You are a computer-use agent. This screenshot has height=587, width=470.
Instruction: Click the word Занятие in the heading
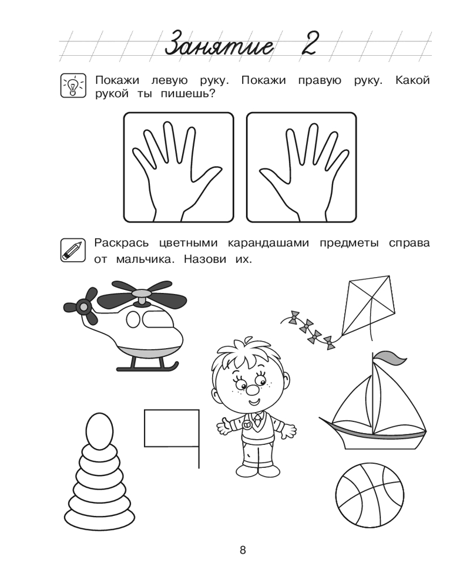tap(219, 45)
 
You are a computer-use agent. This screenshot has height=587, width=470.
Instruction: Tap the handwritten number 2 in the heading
tap(309, 43)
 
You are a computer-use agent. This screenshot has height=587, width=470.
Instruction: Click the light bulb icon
tap(73, 86)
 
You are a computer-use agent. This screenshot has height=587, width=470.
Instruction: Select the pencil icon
tap(73, 249)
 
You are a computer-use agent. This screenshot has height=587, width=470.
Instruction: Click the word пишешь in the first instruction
tap(188, 93)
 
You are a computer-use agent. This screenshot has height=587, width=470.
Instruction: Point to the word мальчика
tap(146, 259)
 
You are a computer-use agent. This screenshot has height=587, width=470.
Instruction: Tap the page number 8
tap(243, 550)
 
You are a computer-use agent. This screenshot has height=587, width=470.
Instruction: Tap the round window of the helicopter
tap(133, 319)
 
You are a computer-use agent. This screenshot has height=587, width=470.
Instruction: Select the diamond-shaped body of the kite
tap(368, 305)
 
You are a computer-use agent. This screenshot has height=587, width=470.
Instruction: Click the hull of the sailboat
tap(375, 436)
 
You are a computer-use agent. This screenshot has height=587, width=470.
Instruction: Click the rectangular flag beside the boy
tap(172, 428)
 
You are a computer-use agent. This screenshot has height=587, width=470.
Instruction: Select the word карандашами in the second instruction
tap(268, 244)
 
